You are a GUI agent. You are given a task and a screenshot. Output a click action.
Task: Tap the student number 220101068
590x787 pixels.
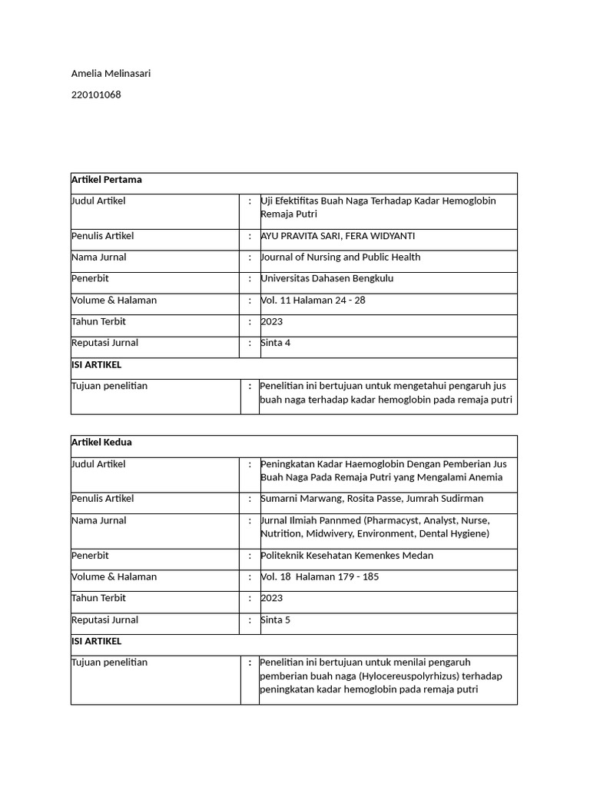tap(96, 95)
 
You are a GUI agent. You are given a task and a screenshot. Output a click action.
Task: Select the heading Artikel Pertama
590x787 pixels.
tap(106, 180)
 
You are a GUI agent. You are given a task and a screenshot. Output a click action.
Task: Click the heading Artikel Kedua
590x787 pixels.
tap(101, 443)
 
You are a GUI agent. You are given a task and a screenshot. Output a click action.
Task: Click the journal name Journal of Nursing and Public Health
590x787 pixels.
tap(340, 257)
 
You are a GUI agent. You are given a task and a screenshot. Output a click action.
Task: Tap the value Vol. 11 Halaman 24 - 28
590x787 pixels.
tap(313, 301)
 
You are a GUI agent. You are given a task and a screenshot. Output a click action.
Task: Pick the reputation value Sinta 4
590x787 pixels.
tap(276, 343)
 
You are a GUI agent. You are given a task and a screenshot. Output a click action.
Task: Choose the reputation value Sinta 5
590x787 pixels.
tap(276, 619)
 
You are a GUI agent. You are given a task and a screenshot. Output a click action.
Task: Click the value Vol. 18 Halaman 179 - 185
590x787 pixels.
tap(320, 576)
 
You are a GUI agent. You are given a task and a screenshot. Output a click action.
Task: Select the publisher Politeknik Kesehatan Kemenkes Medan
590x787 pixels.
tap(347, 556)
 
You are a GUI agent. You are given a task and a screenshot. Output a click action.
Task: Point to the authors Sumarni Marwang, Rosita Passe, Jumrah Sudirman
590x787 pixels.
tap(372, 499)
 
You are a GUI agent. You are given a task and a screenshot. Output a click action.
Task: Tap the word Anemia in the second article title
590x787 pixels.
tap(482, 477)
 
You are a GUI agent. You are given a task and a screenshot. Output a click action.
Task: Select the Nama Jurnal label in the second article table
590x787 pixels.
tap(99, 520)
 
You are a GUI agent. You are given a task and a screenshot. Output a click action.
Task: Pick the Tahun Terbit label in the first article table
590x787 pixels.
tap(98, 321)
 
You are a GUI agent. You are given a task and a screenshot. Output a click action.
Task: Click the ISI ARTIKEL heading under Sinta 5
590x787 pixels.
tap(96, 641)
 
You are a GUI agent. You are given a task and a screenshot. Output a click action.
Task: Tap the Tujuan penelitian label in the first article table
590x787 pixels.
tap(109, 386)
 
